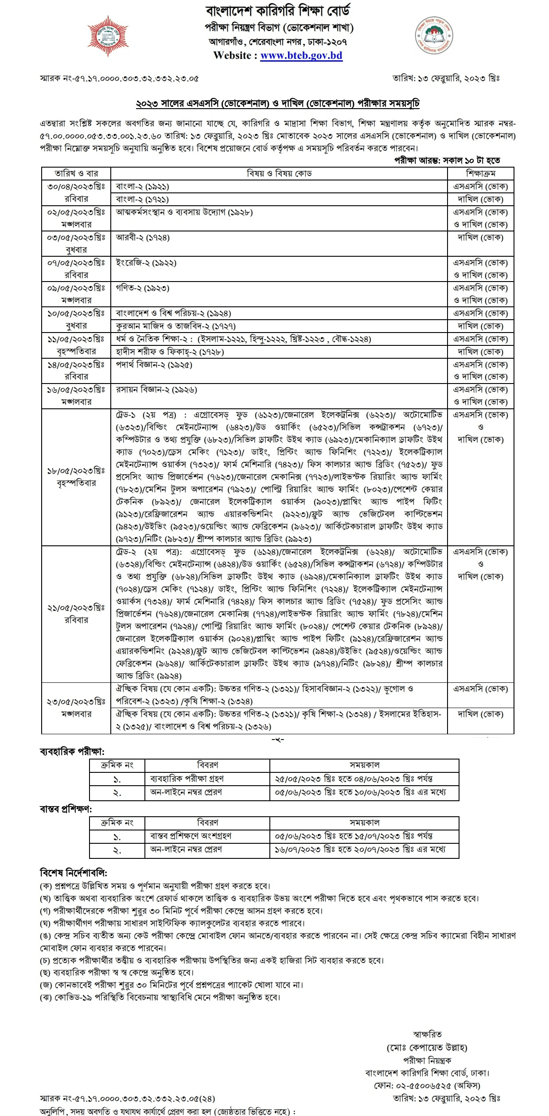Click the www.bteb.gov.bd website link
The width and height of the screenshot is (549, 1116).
click(x=301, y=56)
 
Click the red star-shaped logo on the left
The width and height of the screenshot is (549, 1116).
click(x=108, y=36)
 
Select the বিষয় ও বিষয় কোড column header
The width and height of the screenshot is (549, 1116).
click(x=279, y=173)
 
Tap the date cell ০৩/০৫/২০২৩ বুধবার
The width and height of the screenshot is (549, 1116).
click(x=76, y=243)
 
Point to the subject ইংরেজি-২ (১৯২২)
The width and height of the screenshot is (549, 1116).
click(x=146, y=263)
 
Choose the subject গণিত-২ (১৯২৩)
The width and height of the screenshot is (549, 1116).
click(x=143, y=288)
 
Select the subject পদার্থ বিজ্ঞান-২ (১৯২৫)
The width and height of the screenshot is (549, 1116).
click(x=154, y=365)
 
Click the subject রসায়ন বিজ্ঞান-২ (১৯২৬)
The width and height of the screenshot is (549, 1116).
click(x=156, y=390)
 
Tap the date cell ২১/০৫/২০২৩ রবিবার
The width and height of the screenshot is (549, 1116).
click(x=76, y=614)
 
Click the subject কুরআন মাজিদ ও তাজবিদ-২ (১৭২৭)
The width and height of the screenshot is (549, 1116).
click(x=175, y=326)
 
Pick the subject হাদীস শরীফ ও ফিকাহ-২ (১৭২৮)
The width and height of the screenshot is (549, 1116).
click(x=170, y=352)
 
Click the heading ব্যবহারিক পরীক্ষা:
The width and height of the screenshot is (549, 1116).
click(x=72, y=752)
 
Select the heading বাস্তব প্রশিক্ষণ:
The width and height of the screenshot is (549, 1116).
click(x=66, y=809)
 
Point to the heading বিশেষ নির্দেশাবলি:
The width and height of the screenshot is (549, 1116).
click(x=74, y=873)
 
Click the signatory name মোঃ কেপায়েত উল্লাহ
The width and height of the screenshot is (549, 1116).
click(x=427, y=1048)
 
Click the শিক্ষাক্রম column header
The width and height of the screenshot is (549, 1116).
click(x=480, y=173)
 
